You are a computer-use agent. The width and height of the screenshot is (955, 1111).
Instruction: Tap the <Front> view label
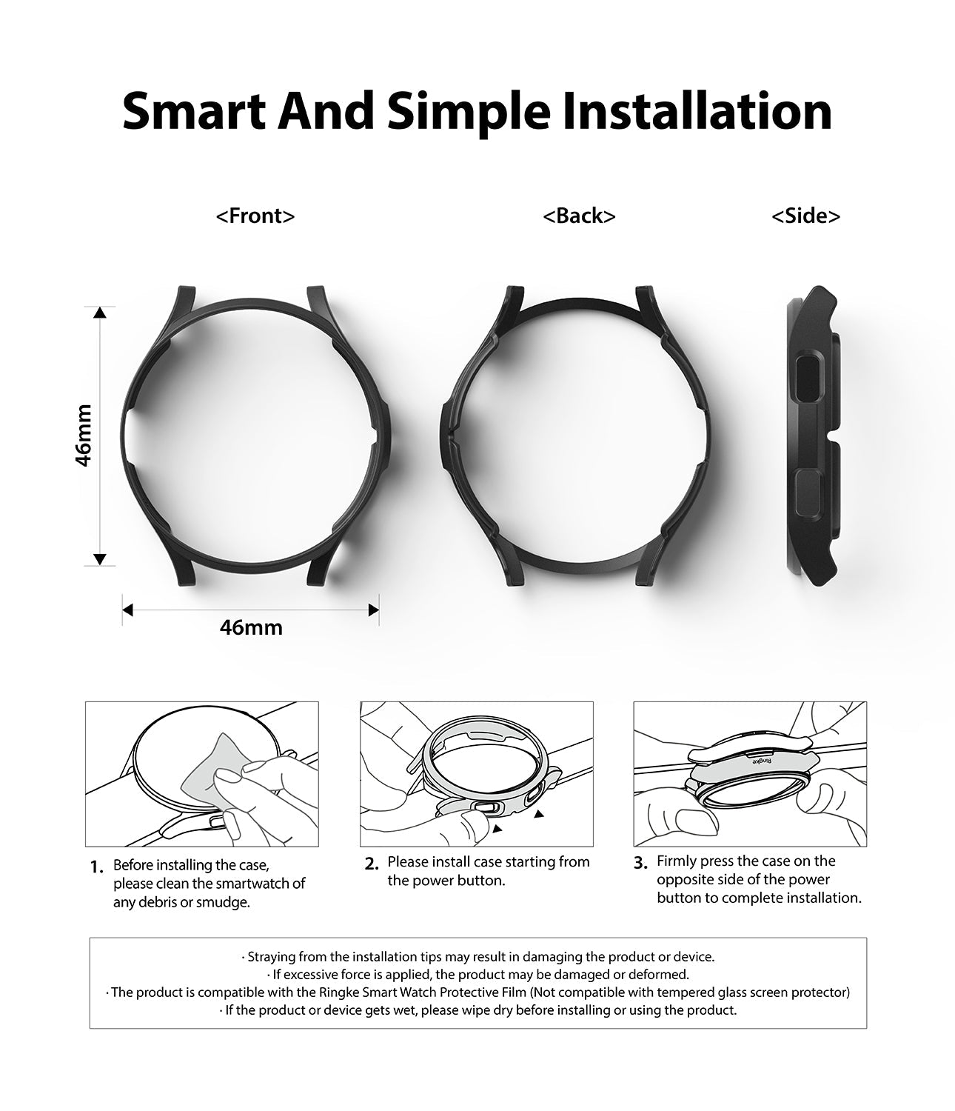(255, 216)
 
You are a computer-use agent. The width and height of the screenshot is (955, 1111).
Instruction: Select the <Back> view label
(579, 216)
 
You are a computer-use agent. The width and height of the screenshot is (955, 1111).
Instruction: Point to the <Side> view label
(805, 216)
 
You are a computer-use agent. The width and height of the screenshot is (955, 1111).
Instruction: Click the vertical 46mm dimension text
(84, 436)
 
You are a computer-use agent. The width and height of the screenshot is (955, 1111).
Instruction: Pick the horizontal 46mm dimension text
(251, 627)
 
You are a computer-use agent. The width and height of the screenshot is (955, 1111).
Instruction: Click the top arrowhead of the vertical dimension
(100, 313)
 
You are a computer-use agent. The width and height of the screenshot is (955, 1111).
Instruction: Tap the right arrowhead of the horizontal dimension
(373, 610)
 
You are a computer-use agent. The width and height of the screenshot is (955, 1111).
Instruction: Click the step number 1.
(97, 867)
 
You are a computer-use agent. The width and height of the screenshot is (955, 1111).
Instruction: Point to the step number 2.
(372, 864)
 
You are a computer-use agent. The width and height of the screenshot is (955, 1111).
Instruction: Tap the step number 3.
(641, 863)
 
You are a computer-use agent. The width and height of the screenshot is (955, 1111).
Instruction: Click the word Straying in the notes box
(271, 957)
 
